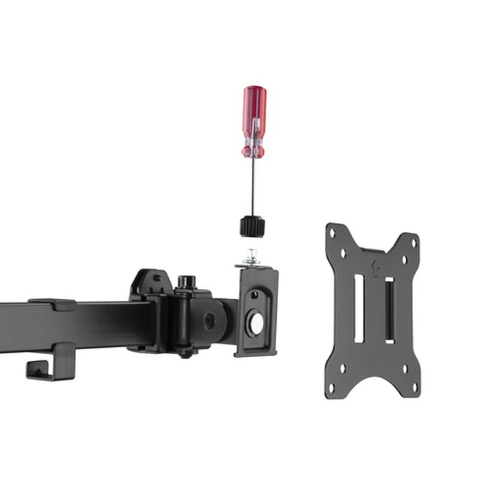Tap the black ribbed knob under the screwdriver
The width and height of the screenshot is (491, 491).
click(253, 226)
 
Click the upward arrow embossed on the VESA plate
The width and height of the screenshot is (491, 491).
click(375, 268)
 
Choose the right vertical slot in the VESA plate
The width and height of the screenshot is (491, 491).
click(389, 310)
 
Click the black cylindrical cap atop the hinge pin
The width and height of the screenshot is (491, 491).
click(183, 282)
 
